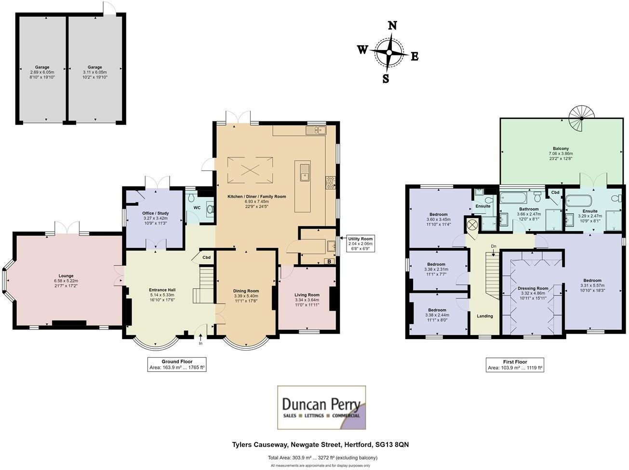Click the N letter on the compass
coord(392,26)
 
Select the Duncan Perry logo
coord(321,407)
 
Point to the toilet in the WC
coord(210,209)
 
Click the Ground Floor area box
coord(177,365)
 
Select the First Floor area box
coord(515,365)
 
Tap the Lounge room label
coord(67,276)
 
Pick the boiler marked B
coord(329,261)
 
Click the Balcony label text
coord(561,149)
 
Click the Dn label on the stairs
coord(494,246)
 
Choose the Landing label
coord(485,316)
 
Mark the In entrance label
coord(201,343)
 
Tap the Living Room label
coord(307,295)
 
